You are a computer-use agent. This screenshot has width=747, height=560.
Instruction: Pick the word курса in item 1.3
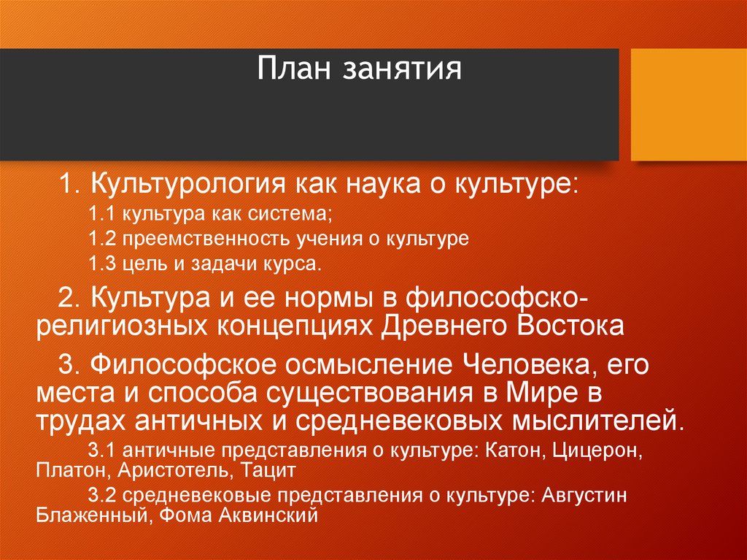pyautogui.click(x=295, y=264)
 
